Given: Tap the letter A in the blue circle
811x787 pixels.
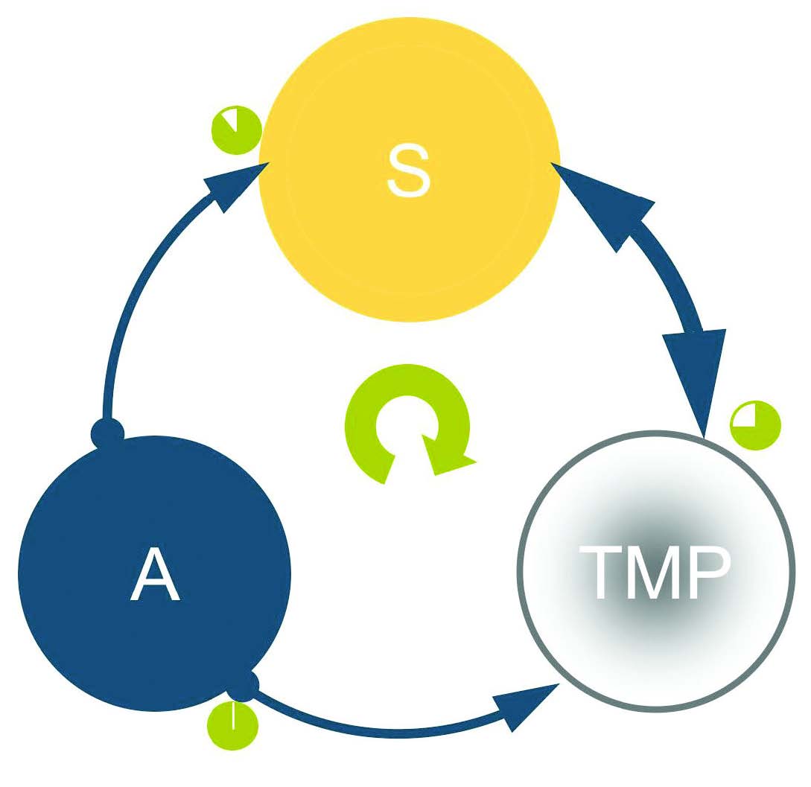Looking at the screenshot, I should (x=155, y=574).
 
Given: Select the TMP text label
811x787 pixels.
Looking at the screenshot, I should (x=655, y=573).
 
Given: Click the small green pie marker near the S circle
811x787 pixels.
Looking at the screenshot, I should (x=236, y=131).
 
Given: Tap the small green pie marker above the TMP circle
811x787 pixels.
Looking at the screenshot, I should (x=755, y=426).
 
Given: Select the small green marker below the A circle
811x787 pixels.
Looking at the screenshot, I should (x=233, y=726).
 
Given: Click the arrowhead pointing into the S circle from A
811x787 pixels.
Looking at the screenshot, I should (x=233, y=186).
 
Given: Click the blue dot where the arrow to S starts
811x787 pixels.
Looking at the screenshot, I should (x=107, y=433).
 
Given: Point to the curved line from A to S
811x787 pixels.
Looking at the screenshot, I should (x=130, y=298).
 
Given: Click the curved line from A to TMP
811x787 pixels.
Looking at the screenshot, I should (x=387, y=731).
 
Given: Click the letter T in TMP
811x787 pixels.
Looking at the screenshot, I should (x=601, y=573).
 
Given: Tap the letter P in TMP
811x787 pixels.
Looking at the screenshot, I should (x=707, y=573).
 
